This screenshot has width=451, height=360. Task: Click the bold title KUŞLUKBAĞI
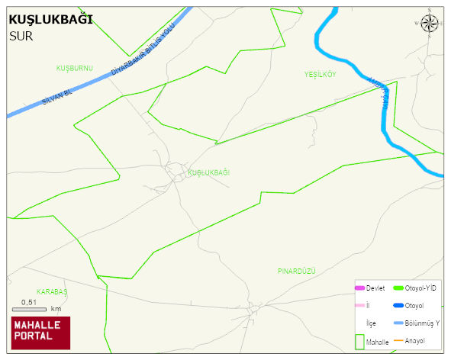[x=51, y=19]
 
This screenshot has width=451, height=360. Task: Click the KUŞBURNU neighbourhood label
[x=74, y=69]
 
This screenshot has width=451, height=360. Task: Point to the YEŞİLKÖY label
[x=321, y=74]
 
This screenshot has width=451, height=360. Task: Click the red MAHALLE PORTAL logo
[x=40, y=333]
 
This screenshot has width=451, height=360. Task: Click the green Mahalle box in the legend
[x=359, y=342]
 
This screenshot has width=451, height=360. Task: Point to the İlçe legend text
[x=371, y=323]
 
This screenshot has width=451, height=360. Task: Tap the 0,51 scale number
[x=29, y=302]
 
